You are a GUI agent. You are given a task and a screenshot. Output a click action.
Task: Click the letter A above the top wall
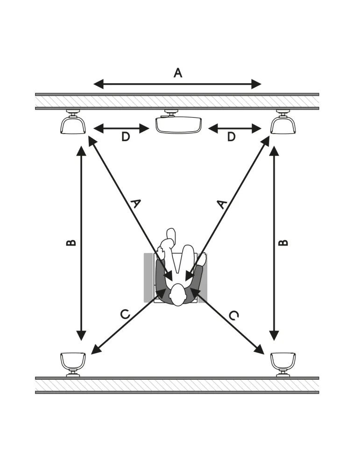point(178,73)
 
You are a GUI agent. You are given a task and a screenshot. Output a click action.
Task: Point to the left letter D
point(126,137)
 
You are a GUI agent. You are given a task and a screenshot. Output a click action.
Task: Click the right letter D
point(231,137)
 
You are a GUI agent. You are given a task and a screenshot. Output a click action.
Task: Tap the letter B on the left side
point(71,243)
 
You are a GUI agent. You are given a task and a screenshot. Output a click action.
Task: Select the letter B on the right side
point(283,243)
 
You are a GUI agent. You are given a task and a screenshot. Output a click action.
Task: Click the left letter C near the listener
point(125,314)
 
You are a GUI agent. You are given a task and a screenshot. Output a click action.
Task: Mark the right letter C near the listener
point(234,315)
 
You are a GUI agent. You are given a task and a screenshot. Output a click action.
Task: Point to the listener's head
point(178,295)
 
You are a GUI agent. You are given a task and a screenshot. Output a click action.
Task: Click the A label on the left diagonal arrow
point(135,204)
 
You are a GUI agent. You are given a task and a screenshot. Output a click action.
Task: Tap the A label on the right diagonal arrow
point(221,205)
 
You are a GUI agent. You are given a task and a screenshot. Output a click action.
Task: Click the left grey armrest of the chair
point(148,277)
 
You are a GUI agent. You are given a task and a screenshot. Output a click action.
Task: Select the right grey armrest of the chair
point(203,277)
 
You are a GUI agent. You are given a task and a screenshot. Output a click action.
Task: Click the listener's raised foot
point(170,235)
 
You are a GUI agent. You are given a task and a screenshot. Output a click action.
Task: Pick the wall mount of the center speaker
point(171,113)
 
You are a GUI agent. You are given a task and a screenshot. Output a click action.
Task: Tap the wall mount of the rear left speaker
point(73,373)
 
